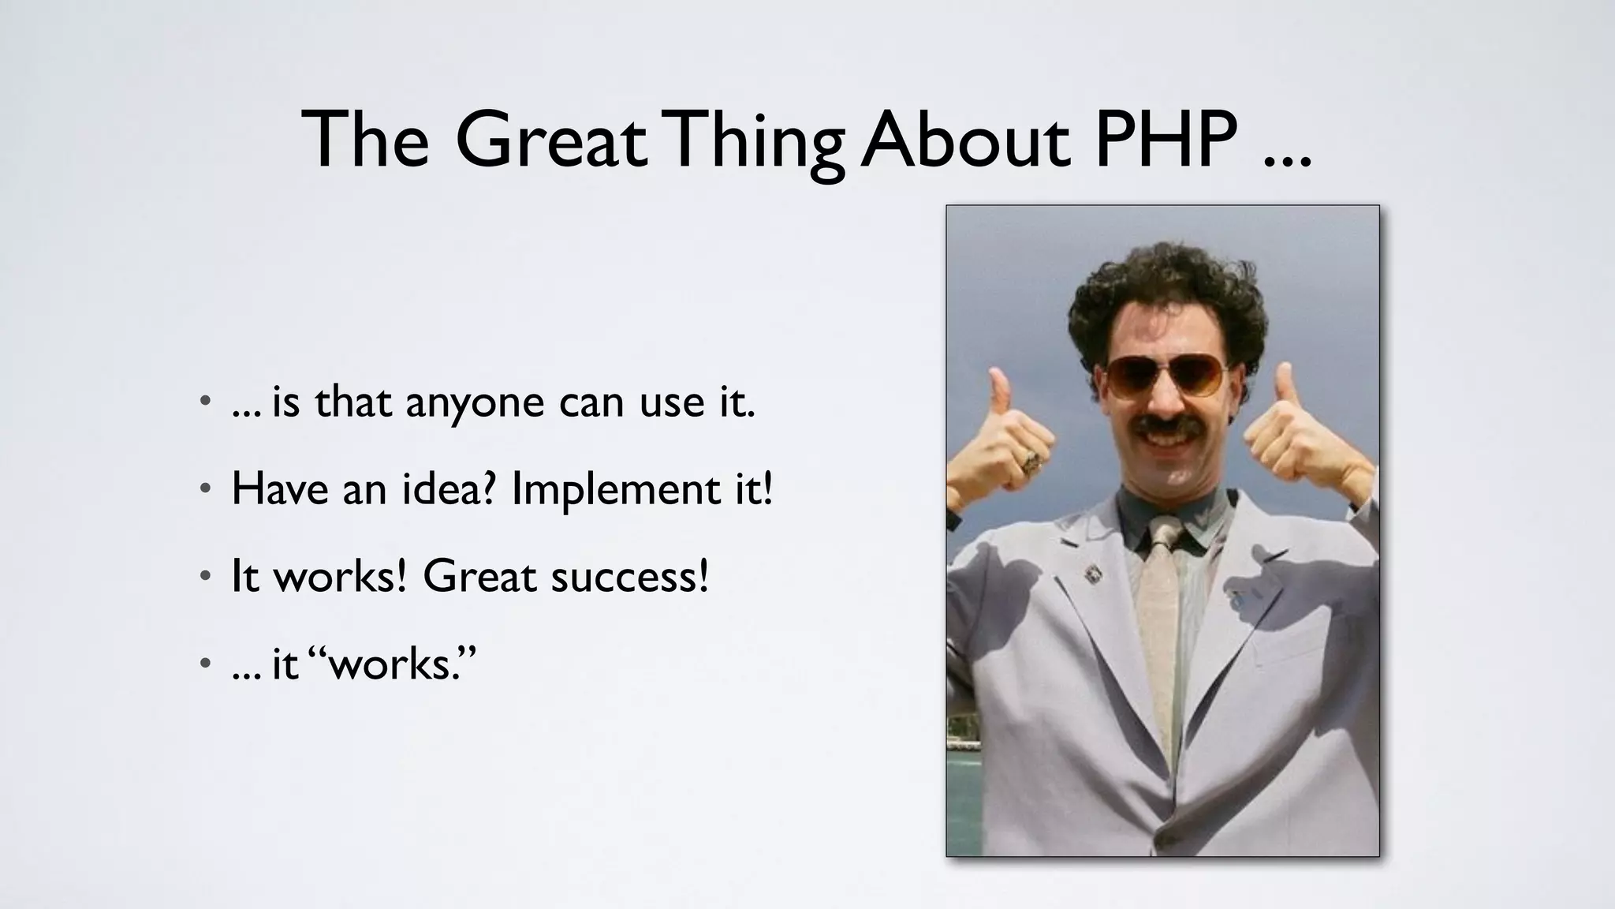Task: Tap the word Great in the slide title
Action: [550, 140]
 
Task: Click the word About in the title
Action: [965, 140]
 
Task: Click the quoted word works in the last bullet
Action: [398, 664]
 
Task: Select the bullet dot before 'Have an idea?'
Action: [205, 489]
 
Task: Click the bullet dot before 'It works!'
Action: [205, 577]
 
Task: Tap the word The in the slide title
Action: [364, 140]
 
